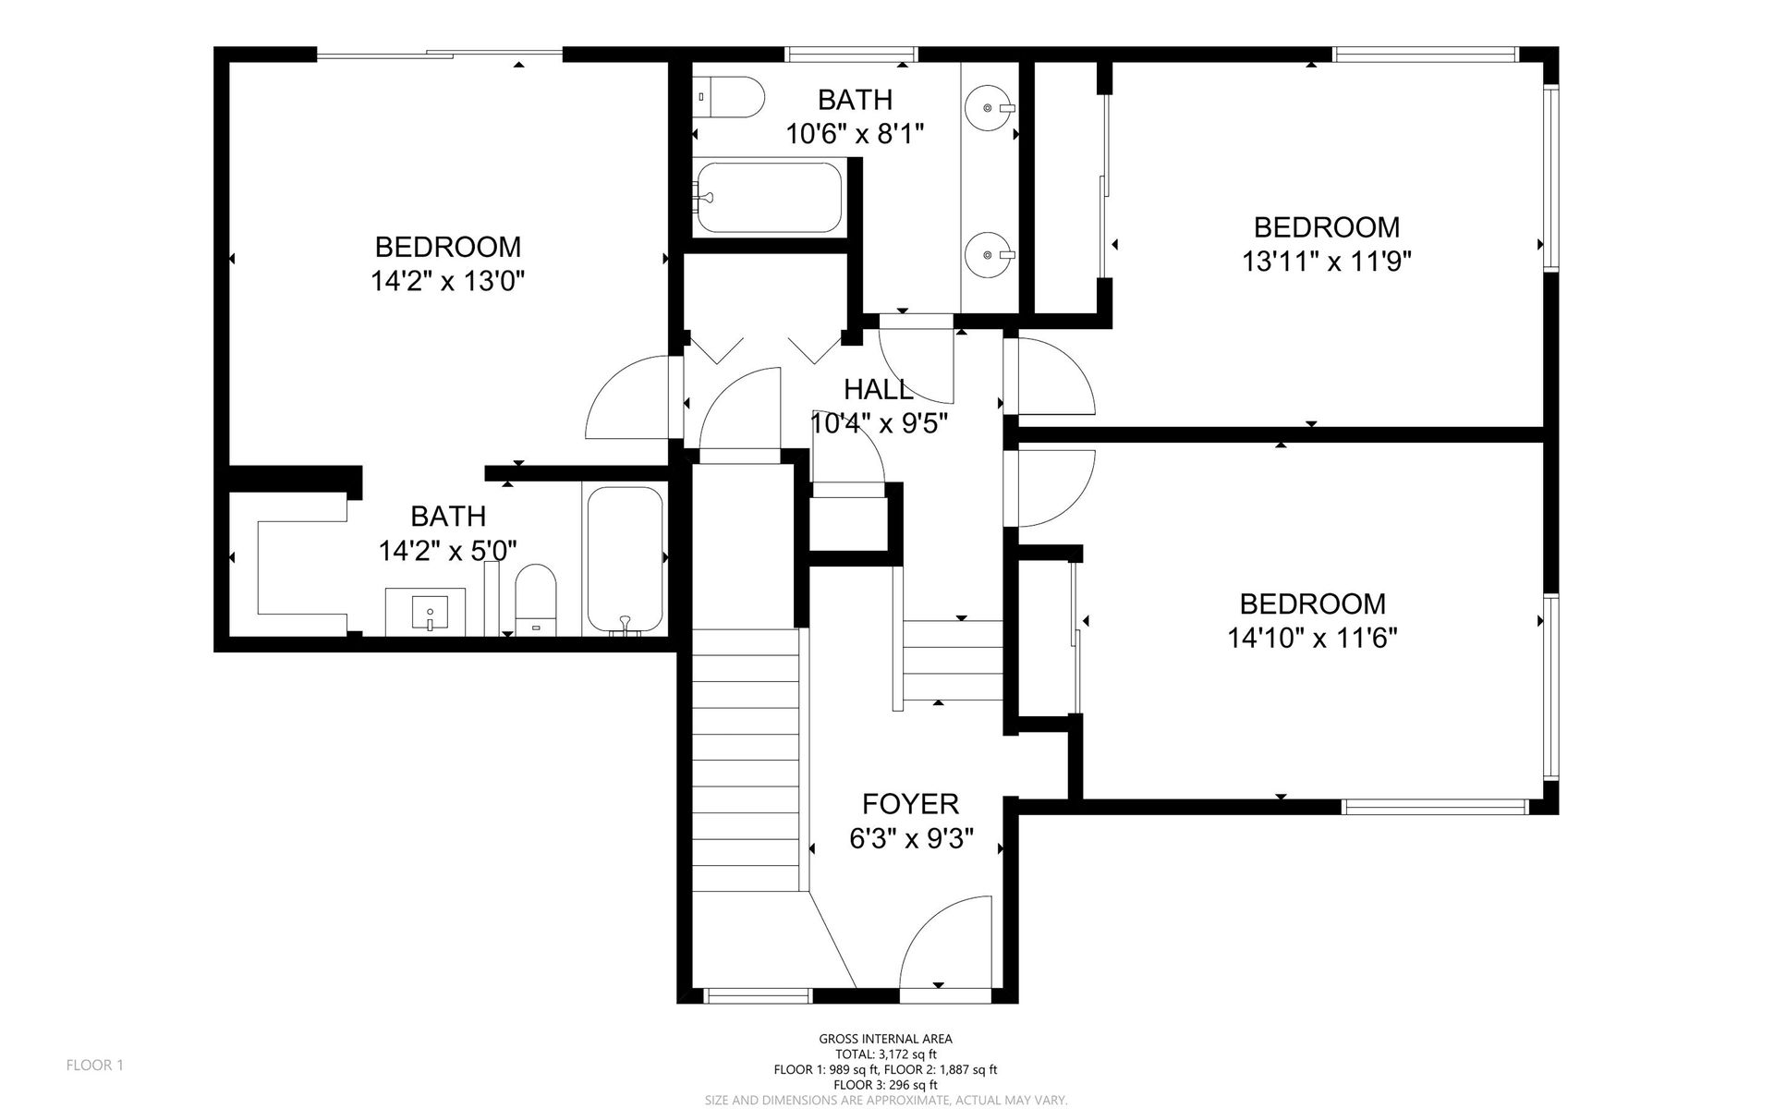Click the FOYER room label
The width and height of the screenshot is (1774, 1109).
[x=910, y=803]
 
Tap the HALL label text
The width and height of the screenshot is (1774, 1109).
[x=879, y=389]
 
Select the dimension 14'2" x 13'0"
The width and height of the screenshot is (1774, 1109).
[x=448, y=281]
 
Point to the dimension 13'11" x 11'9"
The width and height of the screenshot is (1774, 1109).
[x=1327, y=262]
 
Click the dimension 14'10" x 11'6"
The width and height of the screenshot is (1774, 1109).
[x=1312, y=638]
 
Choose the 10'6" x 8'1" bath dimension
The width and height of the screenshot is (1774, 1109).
[x=855, y=134]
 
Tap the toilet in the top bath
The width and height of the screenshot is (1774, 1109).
[x=729, y=97]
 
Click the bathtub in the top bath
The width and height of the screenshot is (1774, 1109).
[x=769, y=198]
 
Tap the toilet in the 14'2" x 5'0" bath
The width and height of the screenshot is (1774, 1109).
[x=536, y=600]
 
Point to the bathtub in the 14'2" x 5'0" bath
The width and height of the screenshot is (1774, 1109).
[x=626, y=561]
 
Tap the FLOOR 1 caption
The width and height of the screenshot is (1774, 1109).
[x=95, y=1066]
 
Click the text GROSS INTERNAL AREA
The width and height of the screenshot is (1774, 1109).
[x=885, y=1039]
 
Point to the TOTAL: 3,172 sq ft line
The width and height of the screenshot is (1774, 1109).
[x=885, y=1054]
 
